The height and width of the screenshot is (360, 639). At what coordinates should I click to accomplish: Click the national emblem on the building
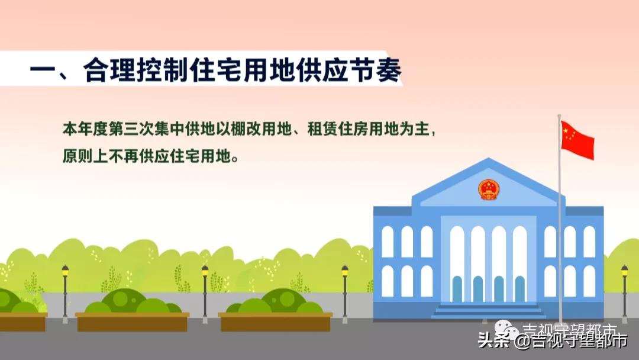point(489,189)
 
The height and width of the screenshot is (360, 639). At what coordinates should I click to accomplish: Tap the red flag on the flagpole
point(577,140)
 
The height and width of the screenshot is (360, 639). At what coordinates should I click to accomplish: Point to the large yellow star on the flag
point(567,130)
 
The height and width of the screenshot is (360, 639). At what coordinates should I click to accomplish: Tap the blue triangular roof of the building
point(489,181)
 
